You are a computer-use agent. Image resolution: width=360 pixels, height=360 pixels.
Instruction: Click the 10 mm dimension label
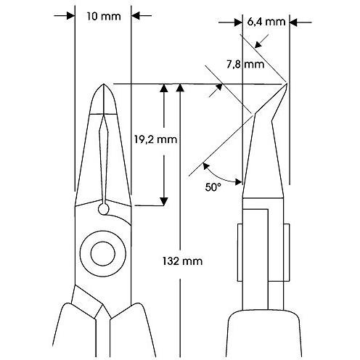click(x=104, y=17)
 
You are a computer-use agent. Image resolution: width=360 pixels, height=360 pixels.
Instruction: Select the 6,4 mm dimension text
click(x=266, y=22)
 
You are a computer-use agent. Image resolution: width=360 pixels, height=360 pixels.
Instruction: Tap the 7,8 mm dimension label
click(x=245, y=65)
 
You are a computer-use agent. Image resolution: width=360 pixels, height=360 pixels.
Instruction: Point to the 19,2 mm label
click(x=155, y=139)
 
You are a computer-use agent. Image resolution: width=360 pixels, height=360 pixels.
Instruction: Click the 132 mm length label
click(x=182, y=261)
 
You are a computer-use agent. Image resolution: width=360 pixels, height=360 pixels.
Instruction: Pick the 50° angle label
click(x=213, y=187)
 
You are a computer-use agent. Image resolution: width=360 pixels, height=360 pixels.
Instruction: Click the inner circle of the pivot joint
click(x=103, y=253)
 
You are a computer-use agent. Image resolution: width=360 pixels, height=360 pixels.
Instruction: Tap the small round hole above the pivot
click(x=104, y=209)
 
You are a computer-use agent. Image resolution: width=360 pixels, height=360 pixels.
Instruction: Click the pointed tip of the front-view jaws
click(x=104, y=84)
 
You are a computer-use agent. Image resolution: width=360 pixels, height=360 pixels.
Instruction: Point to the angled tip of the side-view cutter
click(x=287, y=83)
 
